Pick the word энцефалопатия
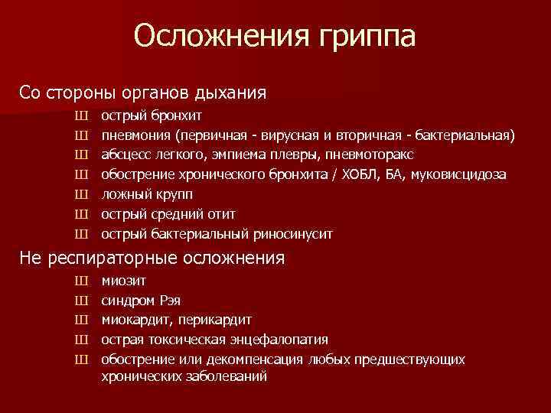[285, 340]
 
